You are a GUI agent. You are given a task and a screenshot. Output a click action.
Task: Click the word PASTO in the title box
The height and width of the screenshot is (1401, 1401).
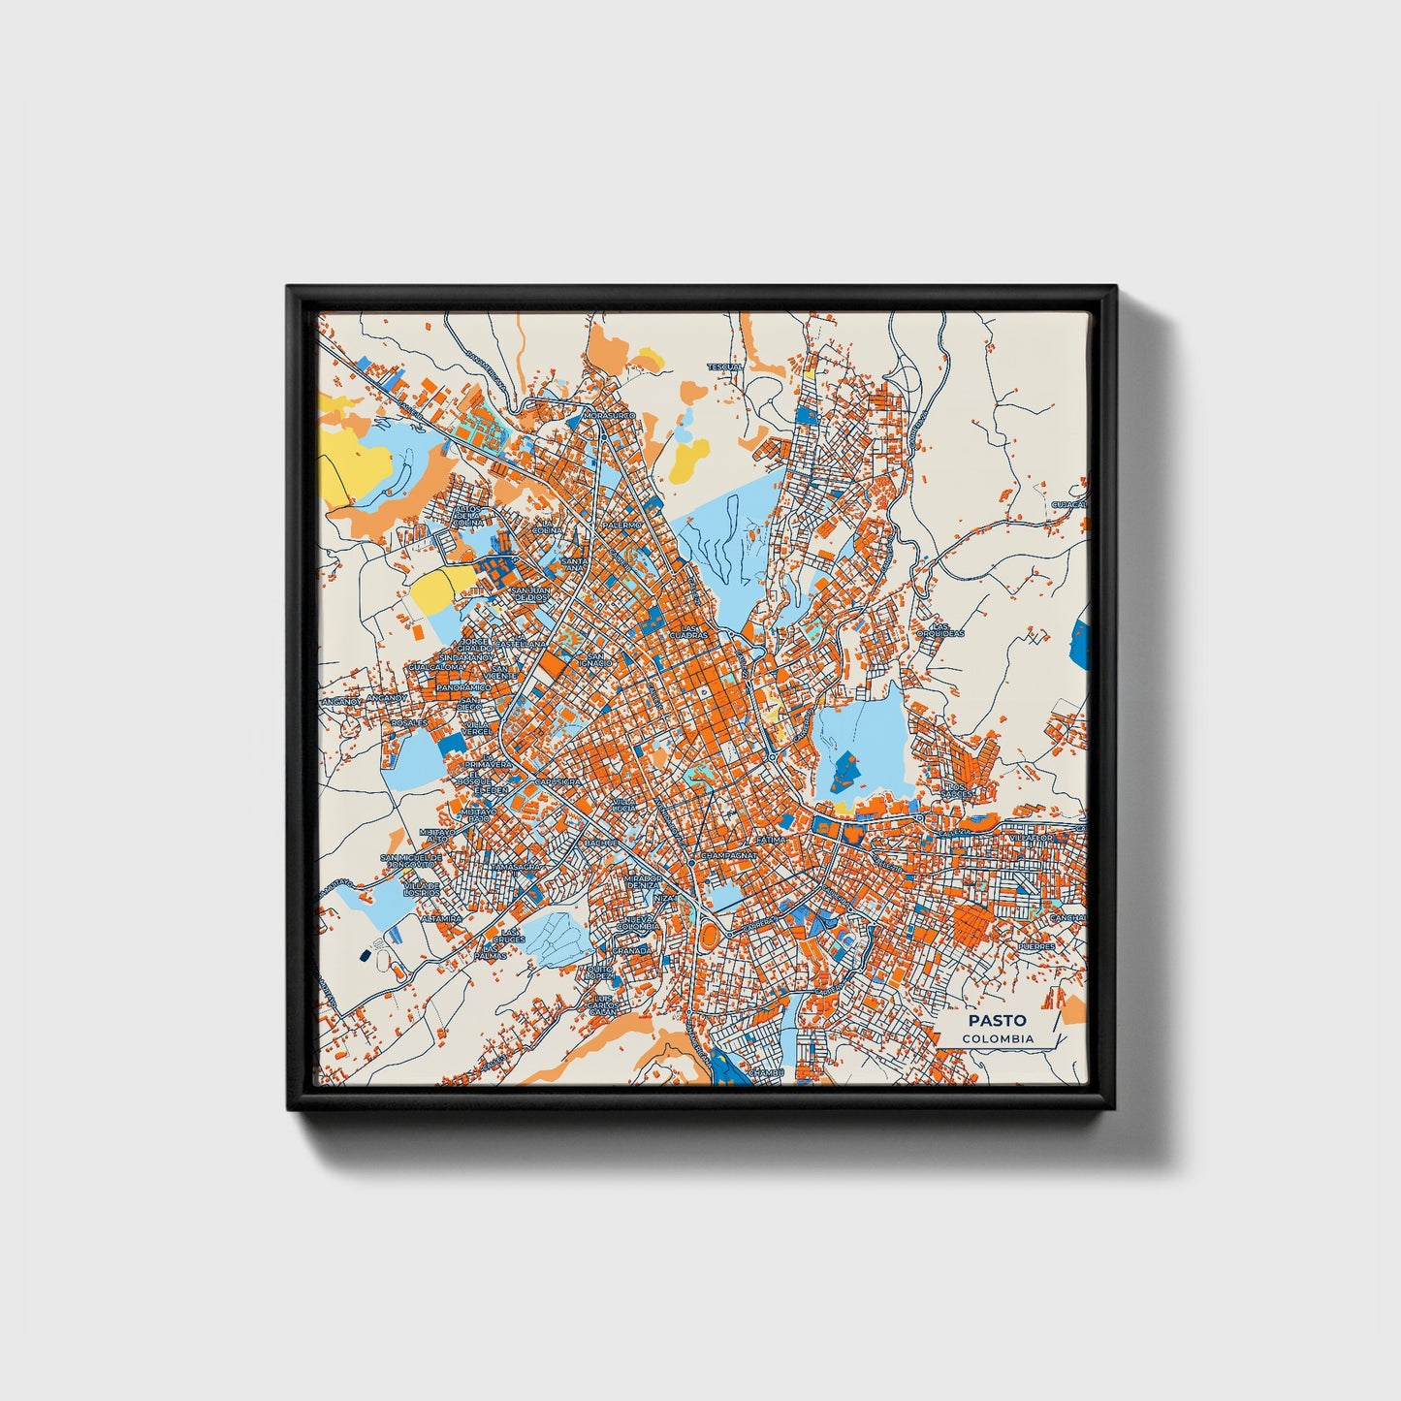(x=997, y=1020)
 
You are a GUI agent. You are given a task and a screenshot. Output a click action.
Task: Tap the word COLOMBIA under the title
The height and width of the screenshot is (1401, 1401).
(x=998, y=1038)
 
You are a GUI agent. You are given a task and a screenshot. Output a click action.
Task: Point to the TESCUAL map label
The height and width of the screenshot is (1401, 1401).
(x=723, y=367)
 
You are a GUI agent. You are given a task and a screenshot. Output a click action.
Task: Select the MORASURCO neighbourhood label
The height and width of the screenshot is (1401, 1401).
(x=609, y=415)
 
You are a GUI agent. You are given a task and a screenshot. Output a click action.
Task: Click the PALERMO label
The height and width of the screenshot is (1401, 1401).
(x=622, y=525)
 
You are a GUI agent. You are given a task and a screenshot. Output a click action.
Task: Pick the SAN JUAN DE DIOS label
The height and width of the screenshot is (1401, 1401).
(x=530, y=593)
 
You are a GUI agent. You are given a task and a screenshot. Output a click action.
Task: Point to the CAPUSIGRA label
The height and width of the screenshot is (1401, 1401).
(x=558, y=780)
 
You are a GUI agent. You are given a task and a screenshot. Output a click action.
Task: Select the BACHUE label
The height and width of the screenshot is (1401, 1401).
(x=601, y=844)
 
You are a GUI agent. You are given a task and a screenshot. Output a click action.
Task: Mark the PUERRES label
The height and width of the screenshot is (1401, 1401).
(x=1035, y=946)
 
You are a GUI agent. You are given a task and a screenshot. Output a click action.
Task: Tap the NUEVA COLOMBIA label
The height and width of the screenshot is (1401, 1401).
(x=639, y=922)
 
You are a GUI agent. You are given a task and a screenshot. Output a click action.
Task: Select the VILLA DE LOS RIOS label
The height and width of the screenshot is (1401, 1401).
(x=422, y=889)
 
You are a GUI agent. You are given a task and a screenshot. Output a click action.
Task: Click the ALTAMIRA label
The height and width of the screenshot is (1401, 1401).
(x=441, y=917)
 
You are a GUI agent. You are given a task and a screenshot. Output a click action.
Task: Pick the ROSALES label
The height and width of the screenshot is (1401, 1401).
(x=409, y=722)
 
